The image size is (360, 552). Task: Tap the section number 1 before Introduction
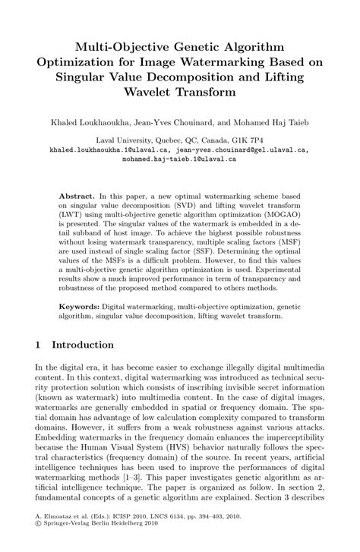coord(39,344)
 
